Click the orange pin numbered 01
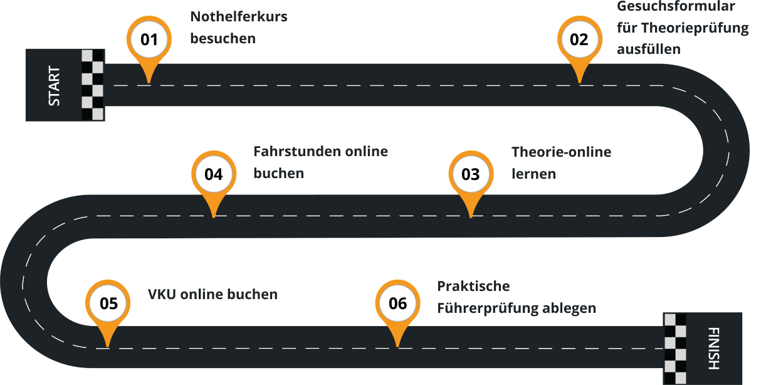[x=149, y=40]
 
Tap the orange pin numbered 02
[x=579, y=40]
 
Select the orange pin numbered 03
[x=470, y=174]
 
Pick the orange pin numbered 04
[x=214, y=174]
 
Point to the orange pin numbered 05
[x=108, y=304]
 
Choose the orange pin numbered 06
[x=397, y=304]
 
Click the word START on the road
[x=55, y=85]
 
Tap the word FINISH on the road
[x=713, y=348]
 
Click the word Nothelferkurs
[x=238, y=17]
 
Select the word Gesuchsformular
[x=676, y=7]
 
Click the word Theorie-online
[x=561, y=152]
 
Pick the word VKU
[x=162, y=294]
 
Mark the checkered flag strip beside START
[x=93, y=85]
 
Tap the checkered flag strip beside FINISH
[x=675, y=348]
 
